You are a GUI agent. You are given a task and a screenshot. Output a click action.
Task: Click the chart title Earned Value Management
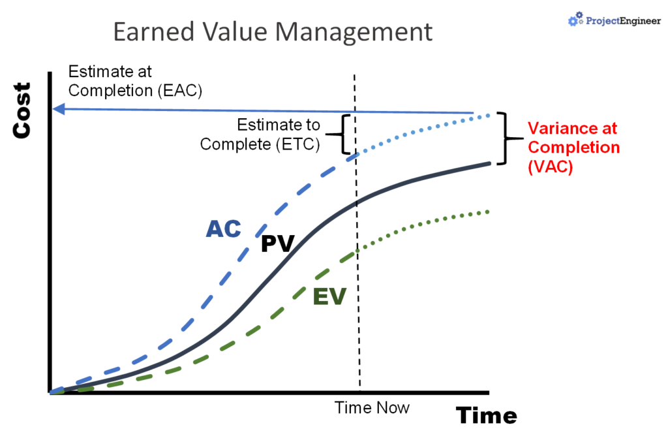click(273, 31)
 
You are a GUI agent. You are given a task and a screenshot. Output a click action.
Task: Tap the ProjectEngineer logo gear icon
click(574, 20)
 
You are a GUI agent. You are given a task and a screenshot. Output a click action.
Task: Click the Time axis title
click(486, 415)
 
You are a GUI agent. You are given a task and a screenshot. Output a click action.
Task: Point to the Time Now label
click(372, 408)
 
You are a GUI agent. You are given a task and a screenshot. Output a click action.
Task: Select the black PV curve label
click(278, 244)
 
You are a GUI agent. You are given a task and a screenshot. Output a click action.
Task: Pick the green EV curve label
click(329, 296)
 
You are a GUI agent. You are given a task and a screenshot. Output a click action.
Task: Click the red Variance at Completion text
click(573, 148)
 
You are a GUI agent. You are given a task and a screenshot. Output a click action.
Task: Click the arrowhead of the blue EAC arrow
click(59, 109)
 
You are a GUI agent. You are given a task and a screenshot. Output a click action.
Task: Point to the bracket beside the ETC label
click(344, 134)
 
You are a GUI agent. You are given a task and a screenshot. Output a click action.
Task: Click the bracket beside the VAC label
click(504, 138)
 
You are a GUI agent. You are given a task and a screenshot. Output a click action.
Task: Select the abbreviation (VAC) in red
click(550, 166)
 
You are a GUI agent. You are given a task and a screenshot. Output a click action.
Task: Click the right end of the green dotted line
click(487, 211)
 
